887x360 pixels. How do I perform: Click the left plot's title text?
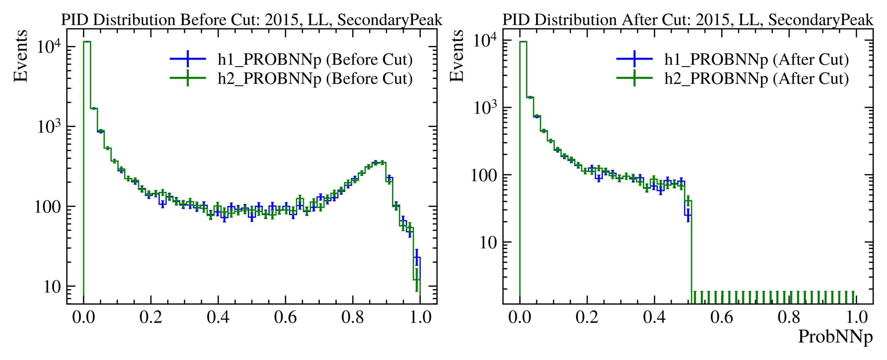click(x=252, y=20)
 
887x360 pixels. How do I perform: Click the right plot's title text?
click(x=688, y=20)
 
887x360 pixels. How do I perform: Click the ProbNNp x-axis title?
click(x=835, y=336)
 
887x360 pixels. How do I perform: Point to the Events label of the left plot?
click(x=20, y=56)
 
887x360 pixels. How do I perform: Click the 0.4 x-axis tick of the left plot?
click(x=218, y=317)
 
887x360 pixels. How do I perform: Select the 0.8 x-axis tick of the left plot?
click(x=353, y=317)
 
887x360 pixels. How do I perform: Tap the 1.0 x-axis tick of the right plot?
click(x=856, y=317)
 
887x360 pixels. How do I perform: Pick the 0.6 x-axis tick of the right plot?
click(x=722, y=317)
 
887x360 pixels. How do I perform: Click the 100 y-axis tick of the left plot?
click(x=48, y=207)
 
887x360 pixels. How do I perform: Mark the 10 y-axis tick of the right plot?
click(x=489, y=243)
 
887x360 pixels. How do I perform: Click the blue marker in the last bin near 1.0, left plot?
click(x=417, y=257)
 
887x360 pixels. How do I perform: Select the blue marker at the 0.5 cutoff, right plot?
click(x=688, y=215)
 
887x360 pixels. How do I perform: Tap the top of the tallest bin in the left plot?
click(x=87, y=41)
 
